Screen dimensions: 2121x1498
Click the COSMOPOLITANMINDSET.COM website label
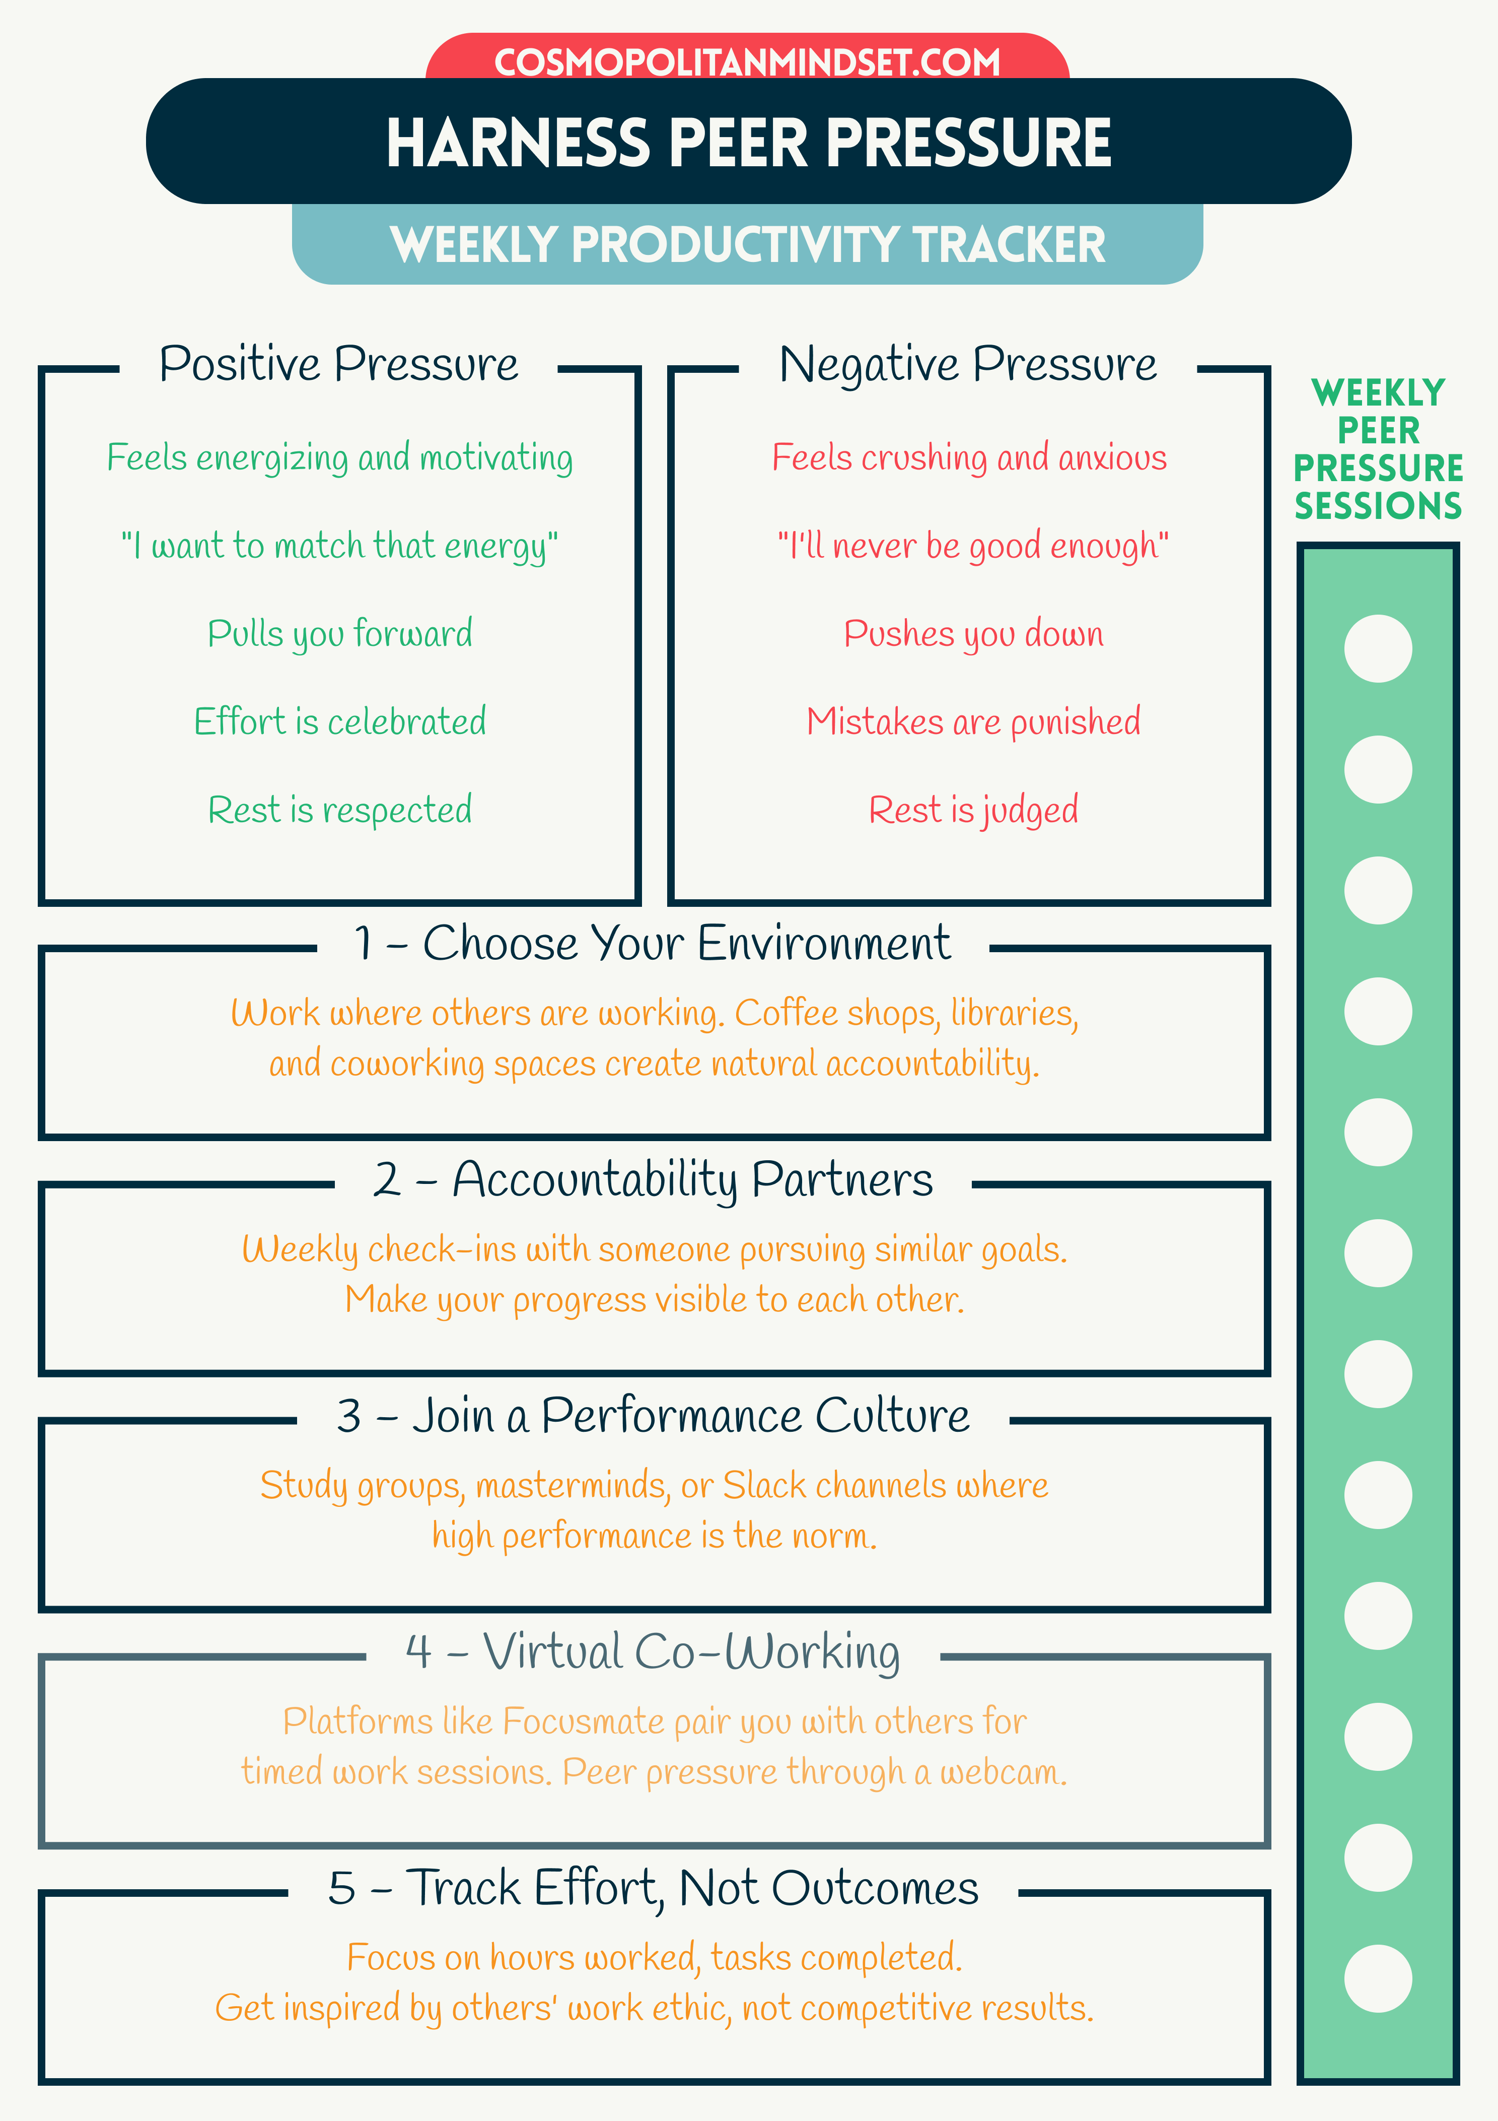pyautogui.click(x=747, y=63)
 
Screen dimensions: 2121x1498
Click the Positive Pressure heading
pyautogui.click(x=339, y=364)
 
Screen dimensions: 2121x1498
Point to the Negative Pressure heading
pyautogui.click(x=967, y=364)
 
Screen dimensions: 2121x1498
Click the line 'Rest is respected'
pyautogui.click(x=340, y=810)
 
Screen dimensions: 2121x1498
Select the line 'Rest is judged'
pyautogui.click(x=973, y=810)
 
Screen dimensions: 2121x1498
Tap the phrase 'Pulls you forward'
pyautogui.click(x=340, y=634)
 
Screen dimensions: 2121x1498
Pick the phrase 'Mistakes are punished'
pyautogui.click(x=973, y=721)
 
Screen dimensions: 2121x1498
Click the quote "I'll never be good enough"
pyautogui.click(x=973, y=546)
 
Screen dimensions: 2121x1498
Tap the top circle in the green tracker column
pyautogui.click(x=1378, y=648)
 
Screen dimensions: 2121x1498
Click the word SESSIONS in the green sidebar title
pyautogui.click(x=1378, y=506)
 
